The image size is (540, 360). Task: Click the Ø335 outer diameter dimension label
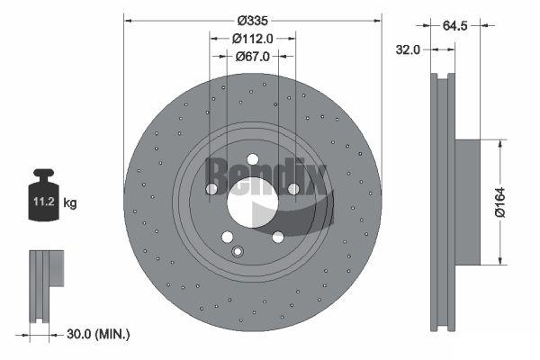(252, 21)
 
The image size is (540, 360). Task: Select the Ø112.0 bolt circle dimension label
(252, 39)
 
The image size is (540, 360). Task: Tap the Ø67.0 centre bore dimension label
(252, 56)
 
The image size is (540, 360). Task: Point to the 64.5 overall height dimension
(454, 25)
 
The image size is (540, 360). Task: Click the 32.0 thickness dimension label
(408, 50)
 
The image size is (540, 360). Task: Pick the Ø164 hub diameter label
(499, 202)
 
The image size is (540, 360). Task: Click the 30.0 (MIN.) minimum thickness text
(98, 334)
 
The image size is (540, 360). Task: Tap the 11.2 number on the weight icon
(44, 202)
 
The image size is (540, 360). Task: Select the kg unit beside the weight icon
(70, 202)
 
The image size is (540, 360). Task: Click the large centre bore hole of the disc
(252, 202)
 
